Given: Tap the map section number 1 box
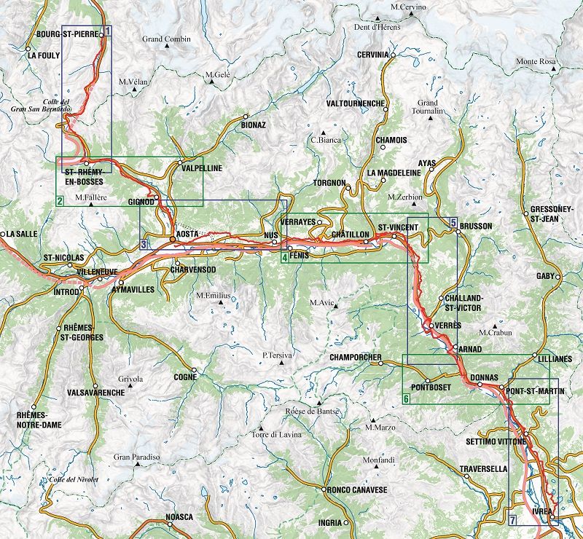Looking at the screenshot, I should coord(107,31).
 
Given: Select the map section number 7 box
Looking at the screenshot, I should coord(513,519).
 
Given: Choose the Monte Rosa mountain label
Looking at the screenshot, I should coord(536,62).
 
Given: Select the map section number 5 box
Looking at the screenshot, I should coord(453,222).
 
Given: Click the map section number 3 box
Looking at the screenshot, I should coord(144,244).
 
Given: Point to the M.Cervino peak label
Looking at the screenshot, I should coord(408,7).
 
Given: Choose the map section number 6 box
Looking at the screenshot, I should coord(407,398).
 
